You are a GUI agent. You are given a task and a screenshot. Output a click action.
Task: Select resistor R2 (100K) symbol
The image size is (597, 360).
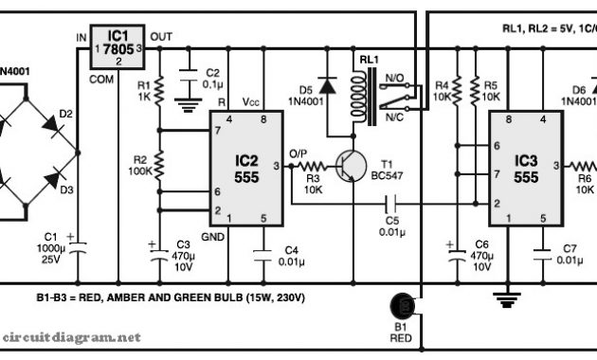pos(160,167)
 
